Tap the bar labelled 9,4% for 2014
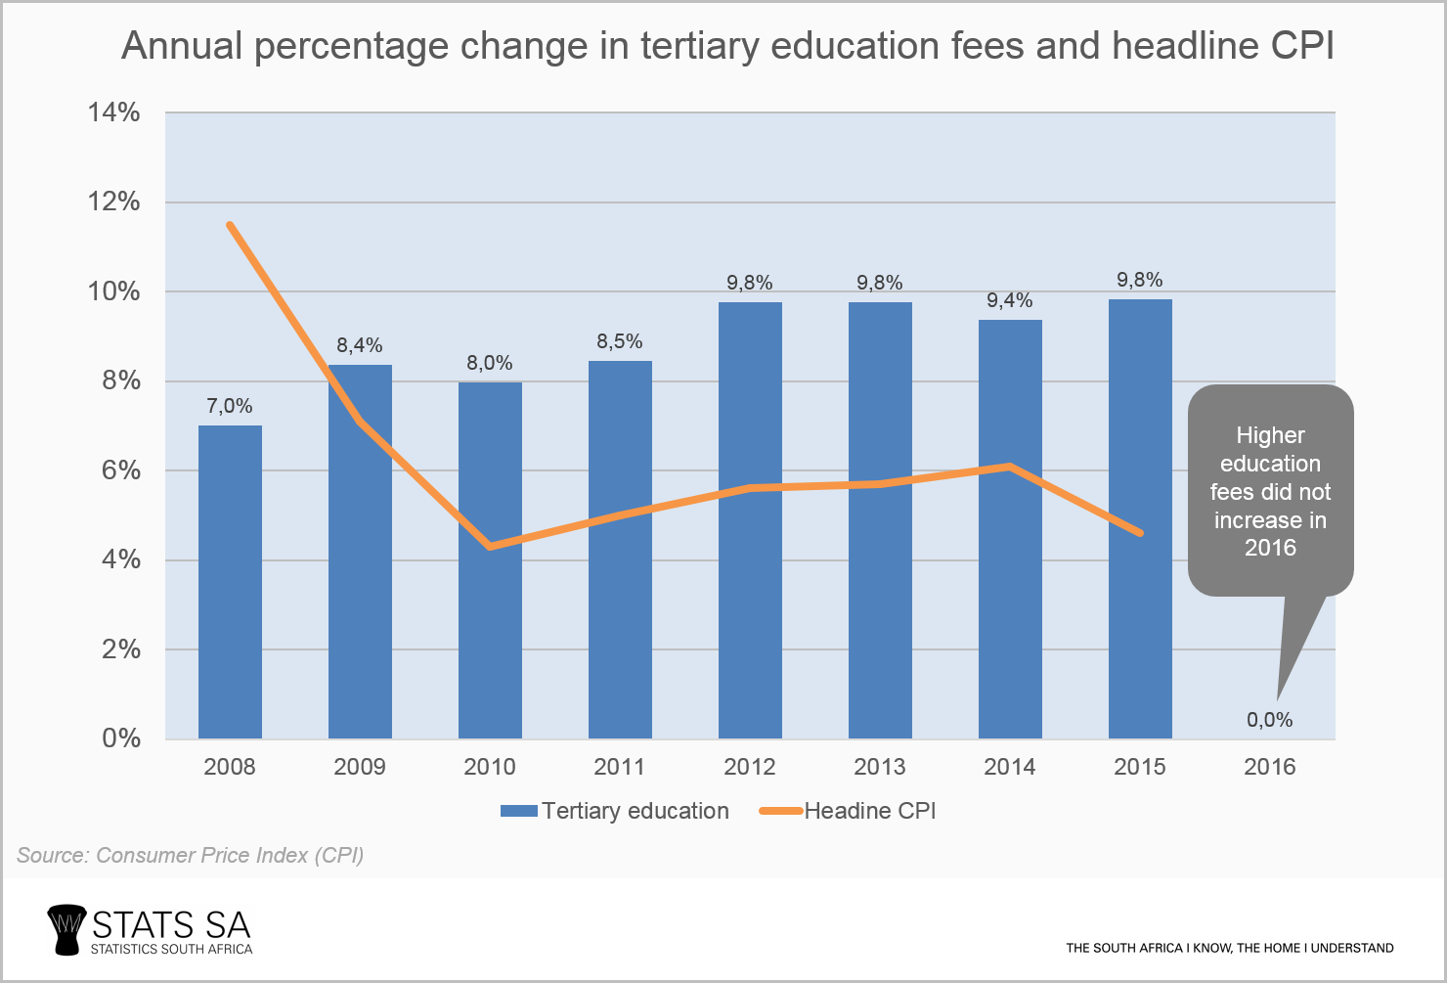tap(1010, 587)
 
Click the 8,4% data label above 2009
tap(360, 345)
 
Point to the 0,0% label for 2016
tap(1269, 720)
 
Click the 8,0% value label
tap(490, 363)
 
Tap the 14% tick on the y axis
tap(114, 112)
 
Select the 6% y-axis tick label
tap(121, 470)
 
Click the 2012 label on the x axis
tap(750, 767)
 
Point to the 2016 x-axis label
tap(1269, 767)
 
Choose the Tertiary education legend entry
tap(615, 811)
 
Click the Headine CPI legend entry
tap(848, 811)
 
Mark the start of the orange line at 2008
tap(230, 225)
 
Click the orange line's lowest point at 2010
tap(490, 546)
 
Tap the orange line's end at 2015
tap(1140, 533)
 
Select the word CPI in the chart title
tap(1302, 46)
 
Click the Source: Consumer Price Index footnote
tap(191, 855)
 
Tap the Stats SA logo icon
tap(66, 928)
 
